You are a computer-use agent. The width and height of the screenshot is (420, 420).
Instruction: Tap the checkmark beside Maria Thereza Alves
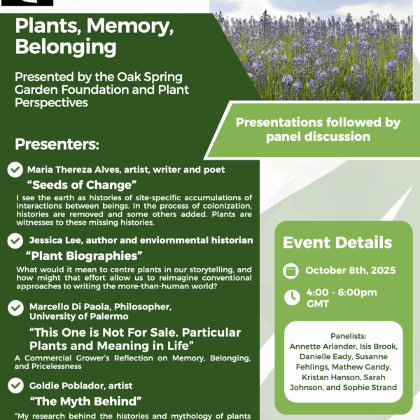pyautogui.click(x=14, y=169)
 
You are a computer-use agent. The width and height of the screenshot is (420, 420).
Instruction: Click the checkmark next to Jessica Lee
pyautogui.click(x=14, y=240)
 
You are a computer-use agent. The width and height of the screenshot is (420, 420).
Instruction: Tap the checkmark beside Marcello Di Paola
pyautogui.click(x=14, y=307)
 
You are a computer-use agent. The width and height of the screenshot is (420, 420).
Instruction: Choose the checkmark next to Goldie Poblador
pyautogui.click(x=14, y=384)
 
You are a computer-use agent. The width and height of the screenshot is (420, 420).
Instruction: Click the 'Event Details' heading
pyautogui.click(x=337, y=243)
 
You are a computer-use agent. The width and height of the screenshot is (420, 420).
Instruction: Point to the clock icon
pyautogui.click(x=291, y=297)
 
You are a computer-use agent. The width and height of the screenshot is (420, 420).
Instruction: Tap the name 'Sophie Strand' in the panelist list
pyautogui.click(x=370, y=386)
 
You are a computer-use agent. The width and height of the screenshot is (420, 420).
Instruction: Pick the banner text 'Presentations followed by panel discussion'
pyautogui.click(x=318, y=129)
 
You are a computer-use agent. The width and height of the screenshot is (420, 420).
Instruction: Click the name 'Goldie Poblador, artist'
pyautogui.click(x=80, y=385)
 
